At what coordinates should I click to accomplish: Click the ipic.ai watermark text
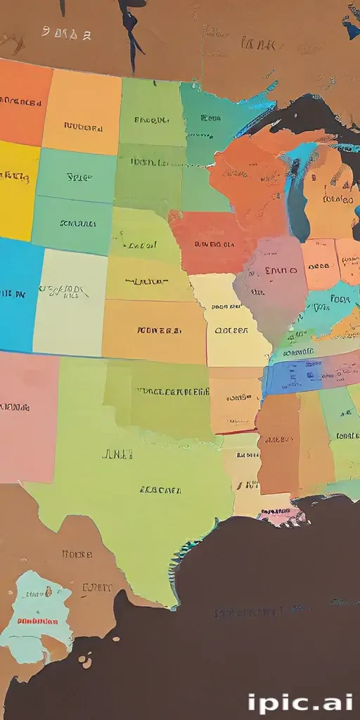[x=300, y=703]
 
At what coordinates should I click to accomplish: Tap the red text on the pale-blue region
[x=37, y=622]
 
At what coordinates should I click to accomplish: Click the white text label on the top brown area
[x=66, y=33]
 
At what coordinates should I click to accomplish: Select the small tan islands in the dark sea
[x=86, y=660]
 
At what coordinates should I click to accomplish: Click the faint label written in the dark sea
[x=246, y=613]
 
